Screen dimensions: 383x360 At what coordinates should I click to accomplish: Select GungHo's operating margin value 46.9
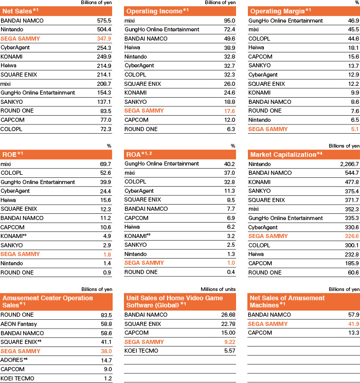(x=352, y=21)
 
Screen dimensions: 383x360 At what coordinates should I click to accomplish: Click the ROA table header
(x=141, y=154)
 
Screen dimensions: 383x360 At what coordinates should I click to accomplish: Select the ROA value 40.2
(x=229, y=164)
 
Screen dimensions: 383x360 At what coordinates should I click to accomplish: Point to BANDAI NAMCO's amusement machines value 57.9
(x=352, y=314)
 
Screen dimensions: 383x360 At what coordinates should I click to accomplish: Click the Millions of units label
(x=218, y=289)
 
